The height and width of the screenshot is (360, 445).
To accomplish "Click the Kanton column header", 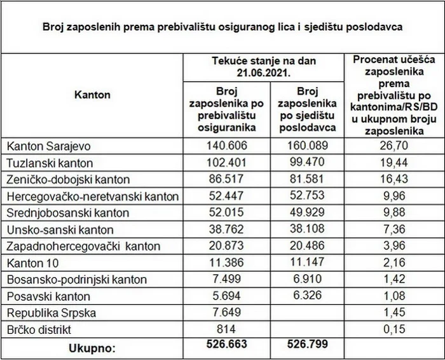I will click(x=92, y=95).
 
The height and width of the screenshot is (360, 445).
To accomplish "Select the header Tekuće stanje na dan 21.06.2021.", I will click(x=266, y=67).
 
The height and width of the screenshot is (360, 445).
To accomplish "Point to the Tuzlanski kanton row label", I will click(x=44, y=163).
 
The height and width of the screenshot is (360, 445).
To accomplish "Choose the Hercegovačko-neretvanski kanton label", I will click(x=92, y=196).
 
